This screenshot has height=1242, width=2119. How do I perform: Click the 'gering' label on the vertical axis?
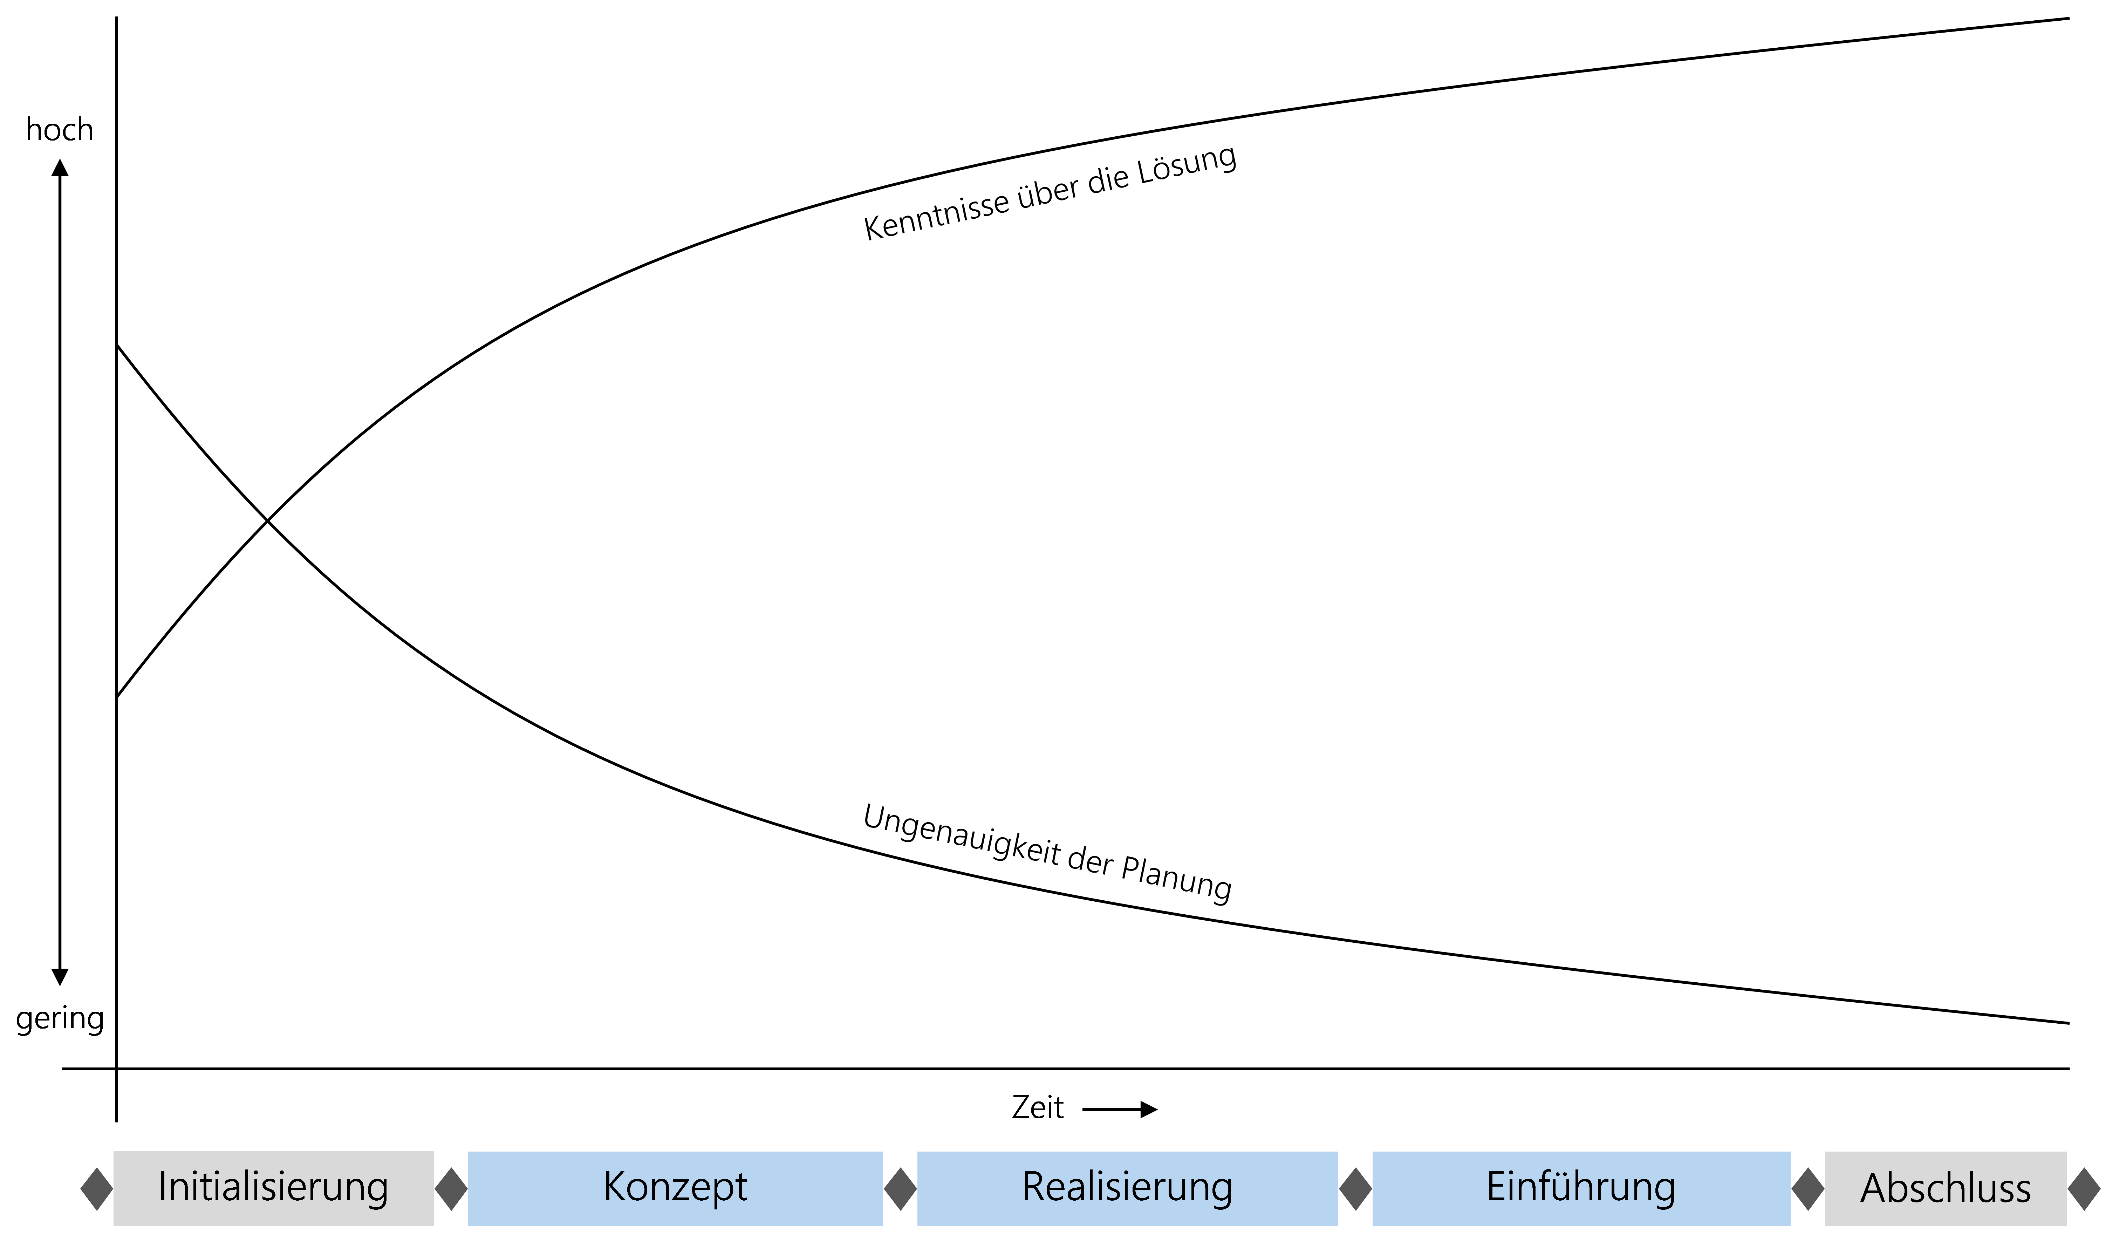pos(60,1018)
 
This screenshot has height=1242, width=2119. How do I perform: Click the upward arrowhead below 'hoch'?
pos(60,167)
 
